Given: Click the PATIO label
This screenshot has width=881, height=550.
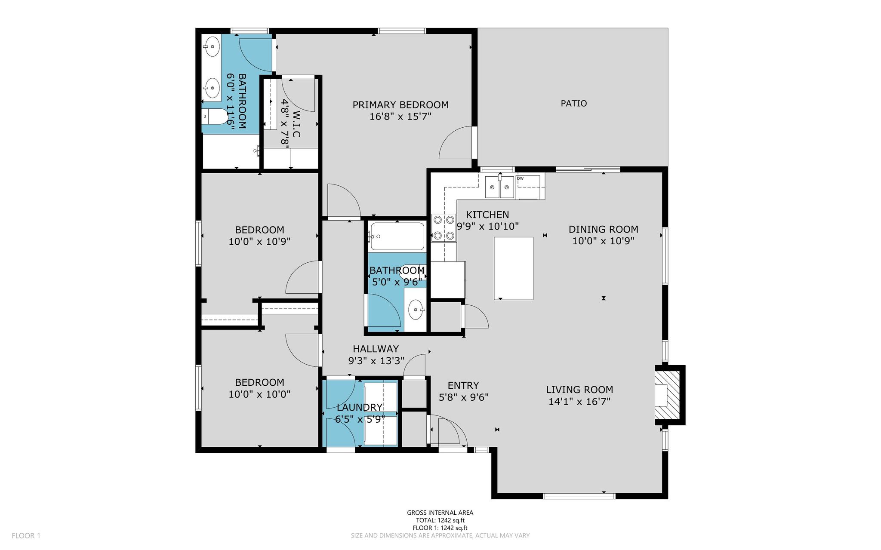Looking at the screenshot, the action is [x=573, y=103].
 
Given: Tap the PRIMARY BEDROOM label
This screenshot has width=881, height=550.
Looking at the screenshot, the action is [x=400, y=105].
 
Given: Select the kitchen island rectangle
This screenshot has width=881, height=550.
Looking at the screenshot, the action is [x=514, y=268].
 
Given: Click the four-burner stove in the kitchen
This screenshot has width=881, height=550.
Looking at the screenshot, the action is [x=444, y=227].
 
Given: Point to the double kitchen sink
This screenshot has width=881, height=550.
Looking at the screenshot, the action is [x=499, y=187].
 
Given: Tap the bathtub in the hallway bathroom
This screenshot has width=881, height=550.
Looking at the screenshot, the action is [x=397, y=236].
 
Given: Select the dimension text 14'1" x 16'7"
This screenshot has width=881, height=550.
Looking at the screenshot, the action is [x=579, y=402].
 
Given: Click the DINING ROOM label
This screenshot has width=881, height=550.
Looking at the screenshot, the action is [x=603, y=229].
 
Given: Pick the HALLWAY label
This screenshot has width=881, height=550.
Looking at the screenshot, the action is [x=376, y=349].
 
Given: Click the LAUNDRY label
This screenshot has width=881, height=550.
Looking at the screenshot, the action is [x=360, y=407].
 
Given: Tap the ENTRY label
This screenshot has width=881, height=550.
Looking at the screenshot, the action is [x=463, y=385].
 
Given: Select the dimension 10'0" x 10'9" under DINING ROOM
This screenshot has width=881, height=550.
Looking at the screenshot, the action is [x=603, y=241].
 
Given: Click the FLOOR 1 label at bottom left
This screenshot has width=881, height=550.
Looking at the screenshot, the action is [x=26, y=536].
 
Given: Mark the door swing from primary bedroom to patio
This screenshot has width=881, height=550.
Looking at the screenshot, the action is [x=456, y=142].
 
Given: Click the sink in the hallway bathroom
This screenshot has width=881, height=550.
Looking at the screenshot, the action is [x=416, y=310].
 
